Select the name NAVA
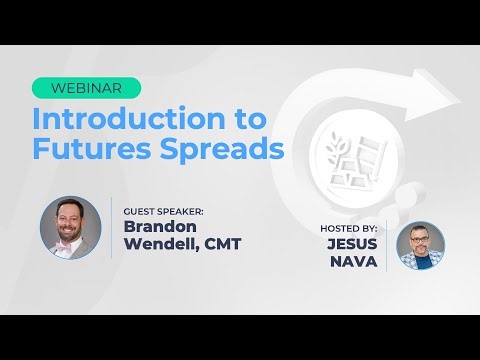coord(362,261)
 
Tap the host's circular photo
coord(420,246)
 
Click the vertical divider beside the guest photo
coord(111,227)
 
